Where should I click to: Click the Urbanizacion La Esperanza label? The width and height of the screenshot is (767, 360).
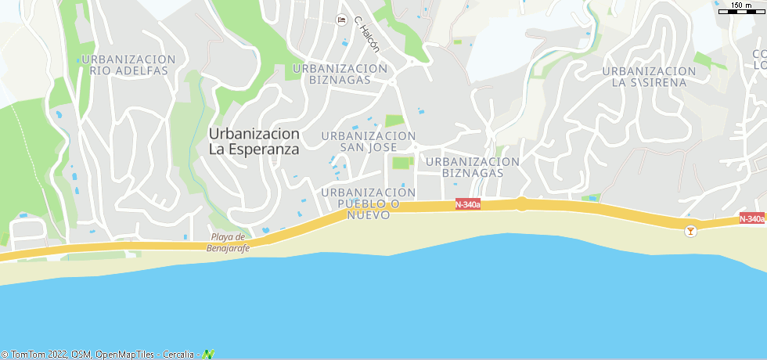point(254,141)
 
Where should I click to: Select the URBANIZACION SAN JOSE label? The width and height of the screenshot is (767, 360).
point(368,142)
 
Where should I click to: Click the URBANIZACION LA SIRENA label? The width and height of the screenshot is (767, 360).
point(649,77)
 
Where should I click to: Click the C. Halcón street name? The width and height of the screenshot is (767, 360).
point(366,35)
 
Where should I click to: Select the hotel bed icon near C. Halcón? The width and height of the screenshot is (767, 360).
point(340,20)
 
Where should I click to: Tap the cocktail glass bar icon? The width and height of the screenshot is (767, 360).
point(690,231)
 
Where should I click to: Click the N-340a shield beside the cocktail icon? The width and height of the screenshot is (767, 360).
point(751,219)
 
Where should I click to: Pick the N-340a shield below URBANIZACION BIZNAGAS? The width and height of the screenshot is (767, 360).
point(468,204)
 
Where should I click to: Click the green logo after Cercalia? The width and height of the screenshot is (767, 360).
point(208,355)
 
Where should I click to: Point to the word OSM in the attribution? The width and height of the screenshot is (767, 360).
point(81,355)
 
